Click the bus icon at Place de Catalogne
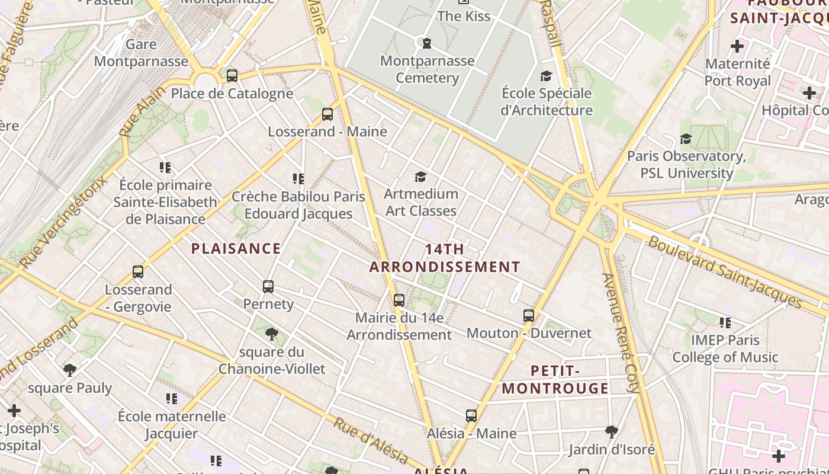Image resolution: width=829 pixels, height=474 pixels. click(x=232, y=76)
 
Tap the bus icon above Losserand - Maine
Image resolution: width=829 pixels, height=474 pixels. click(x=327, y=114)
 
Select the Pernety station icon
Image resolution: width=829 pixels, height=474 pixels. click(x=268, y=287)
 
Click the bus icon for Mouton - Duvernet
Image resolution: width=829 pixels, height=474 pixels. click(x=529, y=316)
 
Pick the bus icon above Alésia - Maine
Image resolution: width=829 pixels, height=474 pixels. click(x=471, y=416)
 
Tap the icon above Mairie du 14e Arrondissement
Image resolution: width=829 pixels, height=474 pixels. click(x=399, y=300)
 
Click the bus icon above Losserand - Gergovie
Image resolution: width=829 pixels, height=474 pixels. click(x=138, y=272)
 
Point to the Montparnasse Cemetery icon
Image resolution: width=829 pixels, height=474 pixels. click(x=426, y=43)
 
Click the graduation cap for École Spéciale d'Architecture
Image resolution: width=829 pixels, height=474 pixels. click(x=546, y=76)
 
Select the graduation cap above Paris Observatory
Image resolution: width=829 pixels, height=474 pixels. click(x=686, y=139)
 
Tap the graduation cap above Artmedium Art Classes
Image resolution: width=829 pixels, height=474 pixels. click(x=420, y=177)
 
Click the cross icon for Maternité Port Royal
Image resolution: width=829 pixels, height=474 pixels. click(x=737, y=46)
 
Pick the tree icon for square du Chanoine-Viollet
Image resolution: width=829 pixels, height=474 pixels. click(x=272, y=334)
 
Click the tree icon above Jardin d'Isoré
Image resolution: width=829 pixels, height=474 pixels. click(x=612, y=432)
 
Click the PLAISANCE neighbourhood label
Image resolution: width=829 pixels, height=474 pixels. click(x=236, y=248)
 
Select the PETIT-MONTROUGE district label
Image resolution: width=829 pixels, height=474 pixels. click(x=555, y=380)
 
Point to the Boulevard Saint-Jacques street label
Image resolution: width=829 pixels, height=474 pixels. click(x=725, y=272)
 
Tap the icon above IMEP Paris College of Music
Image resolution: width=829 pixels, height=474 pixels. click(x=725, y=323)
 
